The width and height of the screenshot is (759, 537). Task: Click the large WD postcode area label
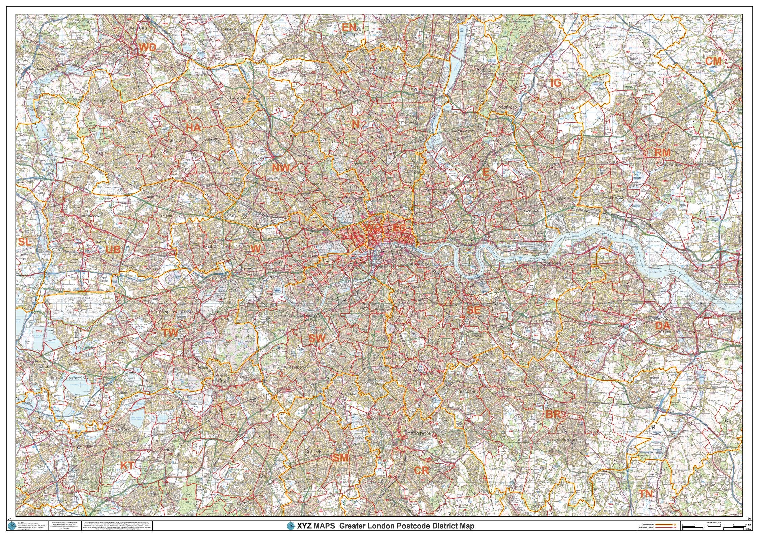148,48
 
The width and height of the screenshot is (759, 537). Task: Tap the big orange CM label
713,61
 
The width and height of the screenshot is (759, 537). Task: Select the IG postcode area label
556,83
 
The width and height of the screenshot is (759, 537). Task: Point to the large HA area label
193,128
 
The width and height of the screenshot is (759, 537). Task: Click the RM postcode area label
662,153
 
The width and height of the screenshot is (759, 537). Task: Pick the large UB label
113,250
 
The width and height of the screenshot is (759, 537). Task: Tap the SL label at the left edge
24,242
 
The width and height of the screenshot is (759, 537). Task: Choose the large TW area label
170,333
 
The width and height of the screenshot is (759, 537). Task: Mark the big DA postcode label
663,326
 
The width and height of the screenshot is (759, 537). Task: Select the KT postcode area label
127,466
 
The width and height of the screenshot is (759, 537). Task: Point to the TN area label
646,494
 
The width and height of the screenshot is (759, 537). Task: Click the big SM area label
340,458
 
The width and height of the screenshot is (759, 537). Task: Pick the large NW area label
281,167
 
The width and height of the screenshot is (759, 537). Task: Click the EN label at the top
349,28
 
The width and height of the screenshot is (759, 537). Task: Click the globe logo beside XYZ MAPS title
291,526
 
